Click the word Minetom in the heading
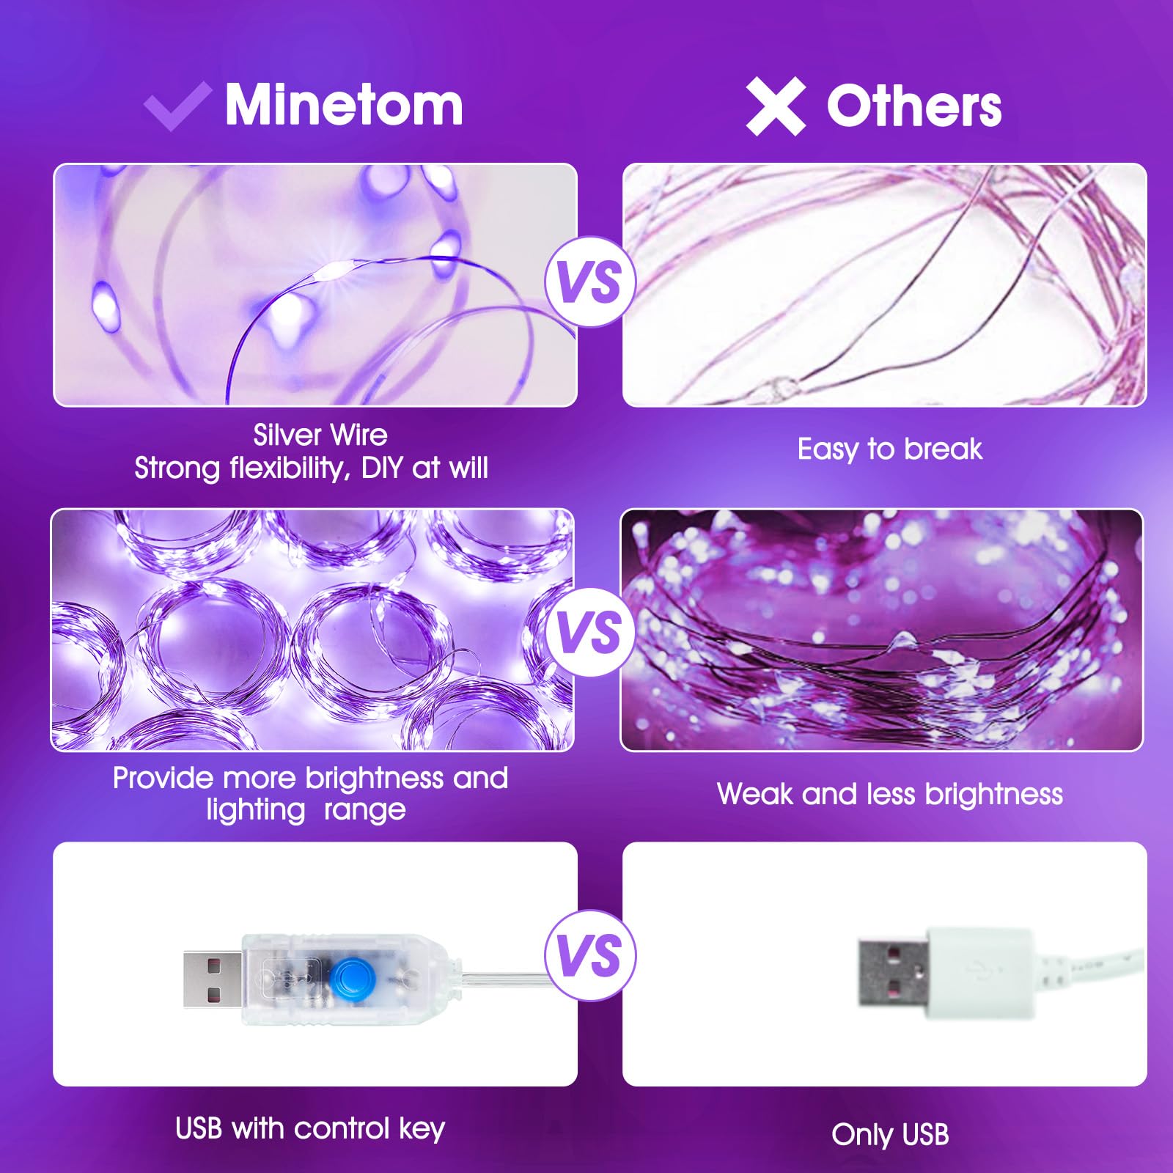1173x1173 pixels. click(x=344, y=105)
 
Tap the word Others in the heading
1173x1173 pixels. click(x=913, y=107)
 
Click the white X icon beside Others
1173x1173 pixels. click(x=775, y=107)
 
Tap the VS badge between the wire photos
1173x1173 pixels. click(x=589, y=282)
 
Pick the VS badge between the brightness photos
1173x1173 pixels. click(x=589, y=632)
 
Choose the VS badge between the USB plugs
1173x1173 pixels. click(x=589, y=955)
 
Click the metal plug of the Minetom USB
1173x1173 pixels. click(x=213, y=977)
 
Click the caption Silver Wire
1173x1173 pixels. click(x=320, y=435)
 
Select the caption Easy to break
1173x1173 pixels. click(x=889, y=449)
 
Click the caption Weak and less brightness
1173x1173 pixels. click(x=889, y=794)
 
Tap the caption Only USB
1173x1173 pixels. click(x=890, y=1135)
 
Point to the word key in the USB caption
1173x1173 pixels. click(x=422, y=1130)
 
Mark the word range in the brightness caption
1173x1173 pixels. click(x=364, y=810)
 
